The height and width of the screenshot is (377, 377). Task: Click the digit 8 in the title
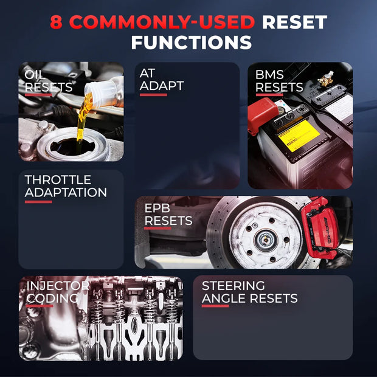pos(56,22)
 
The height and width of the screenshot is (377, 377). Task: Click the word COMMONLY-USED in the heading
pos(162,22)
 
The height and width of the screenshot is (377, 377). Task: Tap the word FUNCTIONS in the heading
pos(192,43)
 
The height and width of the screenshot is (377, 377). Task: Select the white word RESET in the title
pos(294,22)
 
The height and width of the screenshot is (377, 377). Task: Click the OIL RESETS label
pos(48,81)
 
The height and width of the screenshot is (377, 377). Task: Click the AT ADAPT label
pos(162,80)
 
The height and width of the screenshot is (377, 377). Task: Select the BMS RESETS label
pos(279,81)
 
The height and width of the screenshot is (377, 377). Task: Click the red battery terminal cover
pos(263,115)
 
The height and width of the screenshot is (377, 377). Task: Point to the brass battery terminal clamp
pos(325,78)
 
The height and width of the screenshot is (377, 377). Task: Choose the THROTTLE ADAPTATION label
pos(66,186)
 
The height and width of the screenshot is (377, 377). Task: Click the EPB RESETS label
pos(168,215)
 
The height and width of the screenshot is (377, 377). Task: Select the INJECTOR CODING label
pos(58,292)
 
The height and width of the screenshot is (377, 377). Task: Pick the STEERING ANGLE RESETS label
pos(249,292)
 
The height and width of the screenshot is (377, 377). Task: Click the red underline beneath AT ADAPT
pos(153,95)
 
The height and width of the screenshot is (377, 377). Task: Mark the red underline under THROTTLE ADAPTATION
pos(38,202)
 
